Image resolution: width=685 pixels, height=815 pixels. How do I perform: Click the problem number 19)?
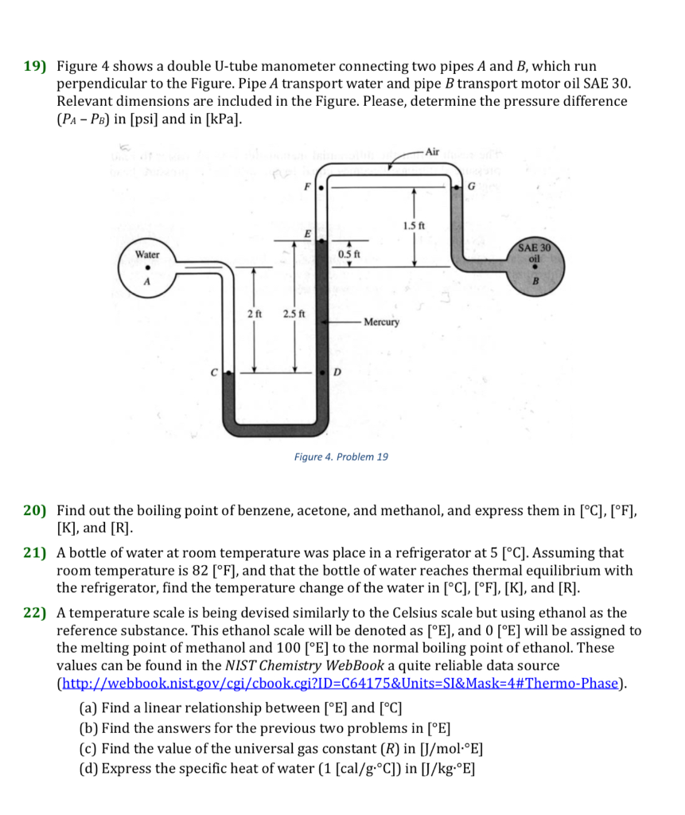[x=35, y=66]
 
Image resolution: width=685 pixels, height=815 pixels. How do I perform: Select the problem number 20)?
[x=35, y=511]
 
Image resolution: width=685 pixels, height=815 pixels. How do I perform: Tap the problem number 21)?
[x=35, y=552]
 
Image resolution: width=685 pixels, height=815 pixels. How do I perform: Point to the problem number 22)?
[x=35, y=613]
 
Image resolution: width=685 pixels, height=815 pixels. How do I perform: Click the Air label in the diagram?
[x=432, y=151]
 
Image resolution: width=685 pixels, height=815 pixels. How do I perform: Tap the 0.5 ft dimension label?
[x=348, y=254]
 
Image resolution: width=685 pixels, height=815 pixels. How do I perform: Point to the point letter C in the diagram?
[x=214, y=372]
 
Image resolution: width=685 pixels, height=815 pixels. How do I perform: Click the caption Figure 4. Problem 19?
[x=341, y=457]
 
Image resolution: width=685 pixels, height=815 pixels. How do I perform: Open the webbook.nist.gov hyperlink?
[x=338, y=683]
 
